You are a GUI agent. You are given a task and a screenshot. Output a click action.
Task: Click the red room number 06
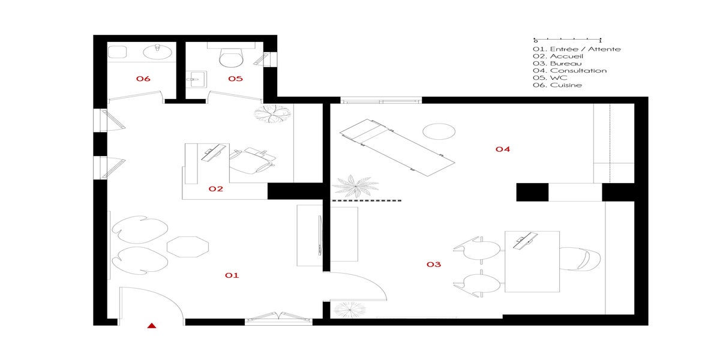[143, 79]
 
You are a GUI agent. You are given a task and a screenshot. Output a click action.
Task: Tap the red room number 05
[235, 79]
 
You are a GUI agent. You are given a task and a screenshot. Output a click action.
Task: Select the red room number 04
[503, 149]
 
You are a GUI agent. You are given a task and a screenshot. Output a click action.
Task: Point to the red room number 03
[434, 264]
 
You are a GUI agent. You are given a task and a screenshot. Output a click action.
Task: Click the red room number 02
[216, 189]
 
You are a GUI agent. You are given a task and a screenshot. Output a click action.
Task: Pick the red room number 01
[232, 275]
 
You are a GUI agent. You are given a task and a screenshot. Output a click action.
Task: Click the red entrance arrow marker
[152, 326]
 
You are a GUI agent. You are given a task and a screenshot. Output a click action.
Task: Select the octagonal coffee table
[188, 247]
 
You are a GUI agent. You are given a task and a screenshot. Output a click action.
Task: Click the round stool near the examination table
[439, 131]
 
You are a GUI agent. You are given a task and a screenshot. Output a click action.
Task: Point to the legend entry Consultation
[569, 71]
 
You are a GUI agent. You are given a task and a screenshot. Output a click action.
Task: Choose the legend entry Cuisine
[557, 85]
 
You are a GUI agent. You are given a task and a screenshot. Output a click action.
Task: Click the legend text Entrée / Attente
[577, 49]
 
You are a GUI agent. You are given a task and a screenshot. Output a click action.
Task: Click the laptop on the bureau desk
[525, 239]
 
